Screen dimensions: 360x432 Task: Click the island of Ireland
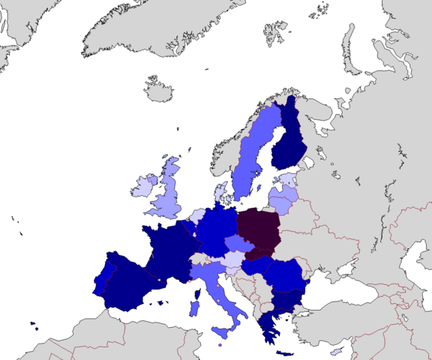point(141,185)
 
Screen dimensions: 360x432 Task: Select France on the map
point(170,251)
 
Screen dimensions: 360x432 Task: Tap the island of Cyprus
point(337,352)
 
